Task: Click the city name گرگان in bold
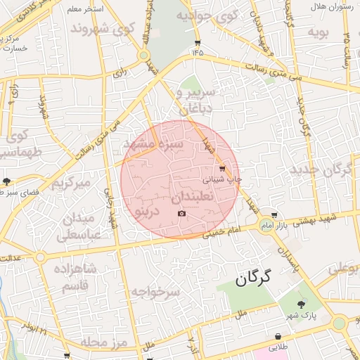[254, 278]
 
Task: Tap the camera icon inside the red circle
[182, 213]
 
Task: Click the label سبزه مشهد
[153, 143]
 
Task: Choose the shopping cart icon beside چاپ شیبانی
[222, 169]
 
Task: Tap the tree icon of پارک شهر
[302, 304]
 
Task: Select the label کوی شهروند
[102, 30]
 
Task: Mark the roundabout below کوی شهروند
[143, 55]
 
